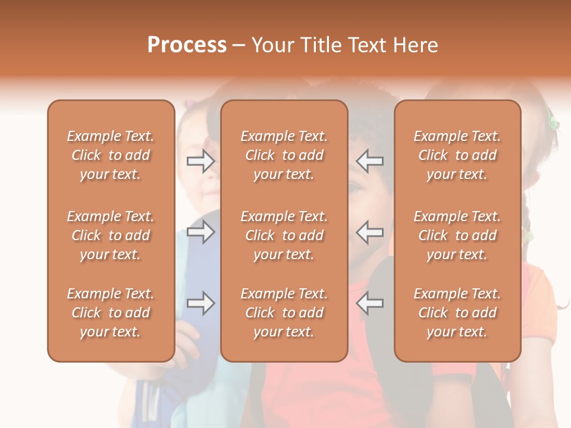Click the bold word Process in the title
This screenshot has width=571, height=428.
point(187,45)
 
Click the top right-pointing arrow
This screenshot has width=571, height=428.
point(200,160)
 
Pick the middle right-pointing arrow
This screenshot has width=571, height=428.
point(200,231)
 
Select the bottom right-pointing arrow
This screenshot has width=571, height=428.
point(200,303)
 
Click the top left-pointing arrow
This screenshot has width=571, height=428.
point(370,160)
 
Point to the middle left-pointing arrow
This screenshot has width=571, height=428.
point(370,231)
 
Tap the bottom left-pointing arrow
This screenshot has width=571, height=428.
point(370,303)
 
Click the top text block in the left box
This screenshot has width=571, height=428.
point(111,155)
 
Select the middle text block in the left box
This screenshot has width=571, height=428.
point(111,235)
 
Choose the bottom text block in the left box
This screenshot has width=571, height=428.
point(111,313)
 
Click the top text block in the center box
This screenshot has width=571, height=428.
point(284,155)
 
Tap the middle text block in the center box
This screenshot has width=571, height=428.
point(284,235)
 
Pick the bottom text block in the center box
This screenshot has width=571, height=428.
point(284,313)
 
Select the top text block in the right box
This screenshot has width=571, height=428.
point(457,155)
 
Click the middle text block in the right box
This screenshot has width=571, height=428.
point(457,235)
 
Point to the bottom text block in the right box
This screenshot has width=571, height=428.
point(457,313)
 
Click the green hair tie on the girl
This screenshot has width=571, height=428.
point(554,124)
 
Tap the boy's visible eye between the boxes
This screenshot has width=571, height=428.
point(354,189)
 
